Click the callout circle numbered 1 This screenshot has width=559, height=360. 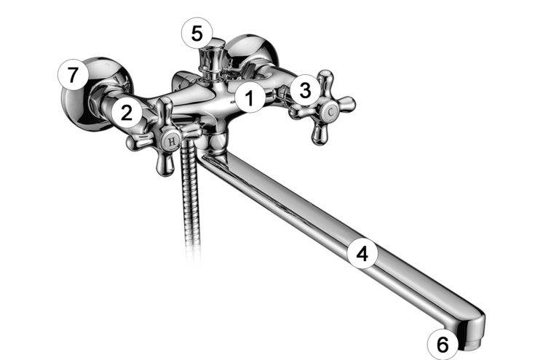(250, 97)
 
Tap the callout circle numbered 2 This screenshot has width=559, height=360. (127, 113)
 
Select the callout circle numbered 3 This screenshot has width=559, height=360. (305, 90)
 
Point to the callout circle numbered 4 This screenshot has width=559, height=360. (362, 254)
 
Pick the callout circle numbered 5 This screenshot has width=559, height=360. (197, 33)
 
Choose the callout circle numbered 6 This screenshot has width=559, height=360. (443, 344)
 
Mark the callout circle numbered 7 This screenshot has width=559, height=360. (73, 75)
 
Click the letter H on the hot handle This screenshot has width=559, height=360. (172, 142)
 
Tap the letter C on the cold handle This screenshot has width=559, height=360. (331, 112)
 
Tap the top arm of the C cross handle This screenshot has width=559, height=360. (325, 84)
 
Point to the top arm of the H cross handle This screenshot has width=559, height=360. (164, 113)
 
